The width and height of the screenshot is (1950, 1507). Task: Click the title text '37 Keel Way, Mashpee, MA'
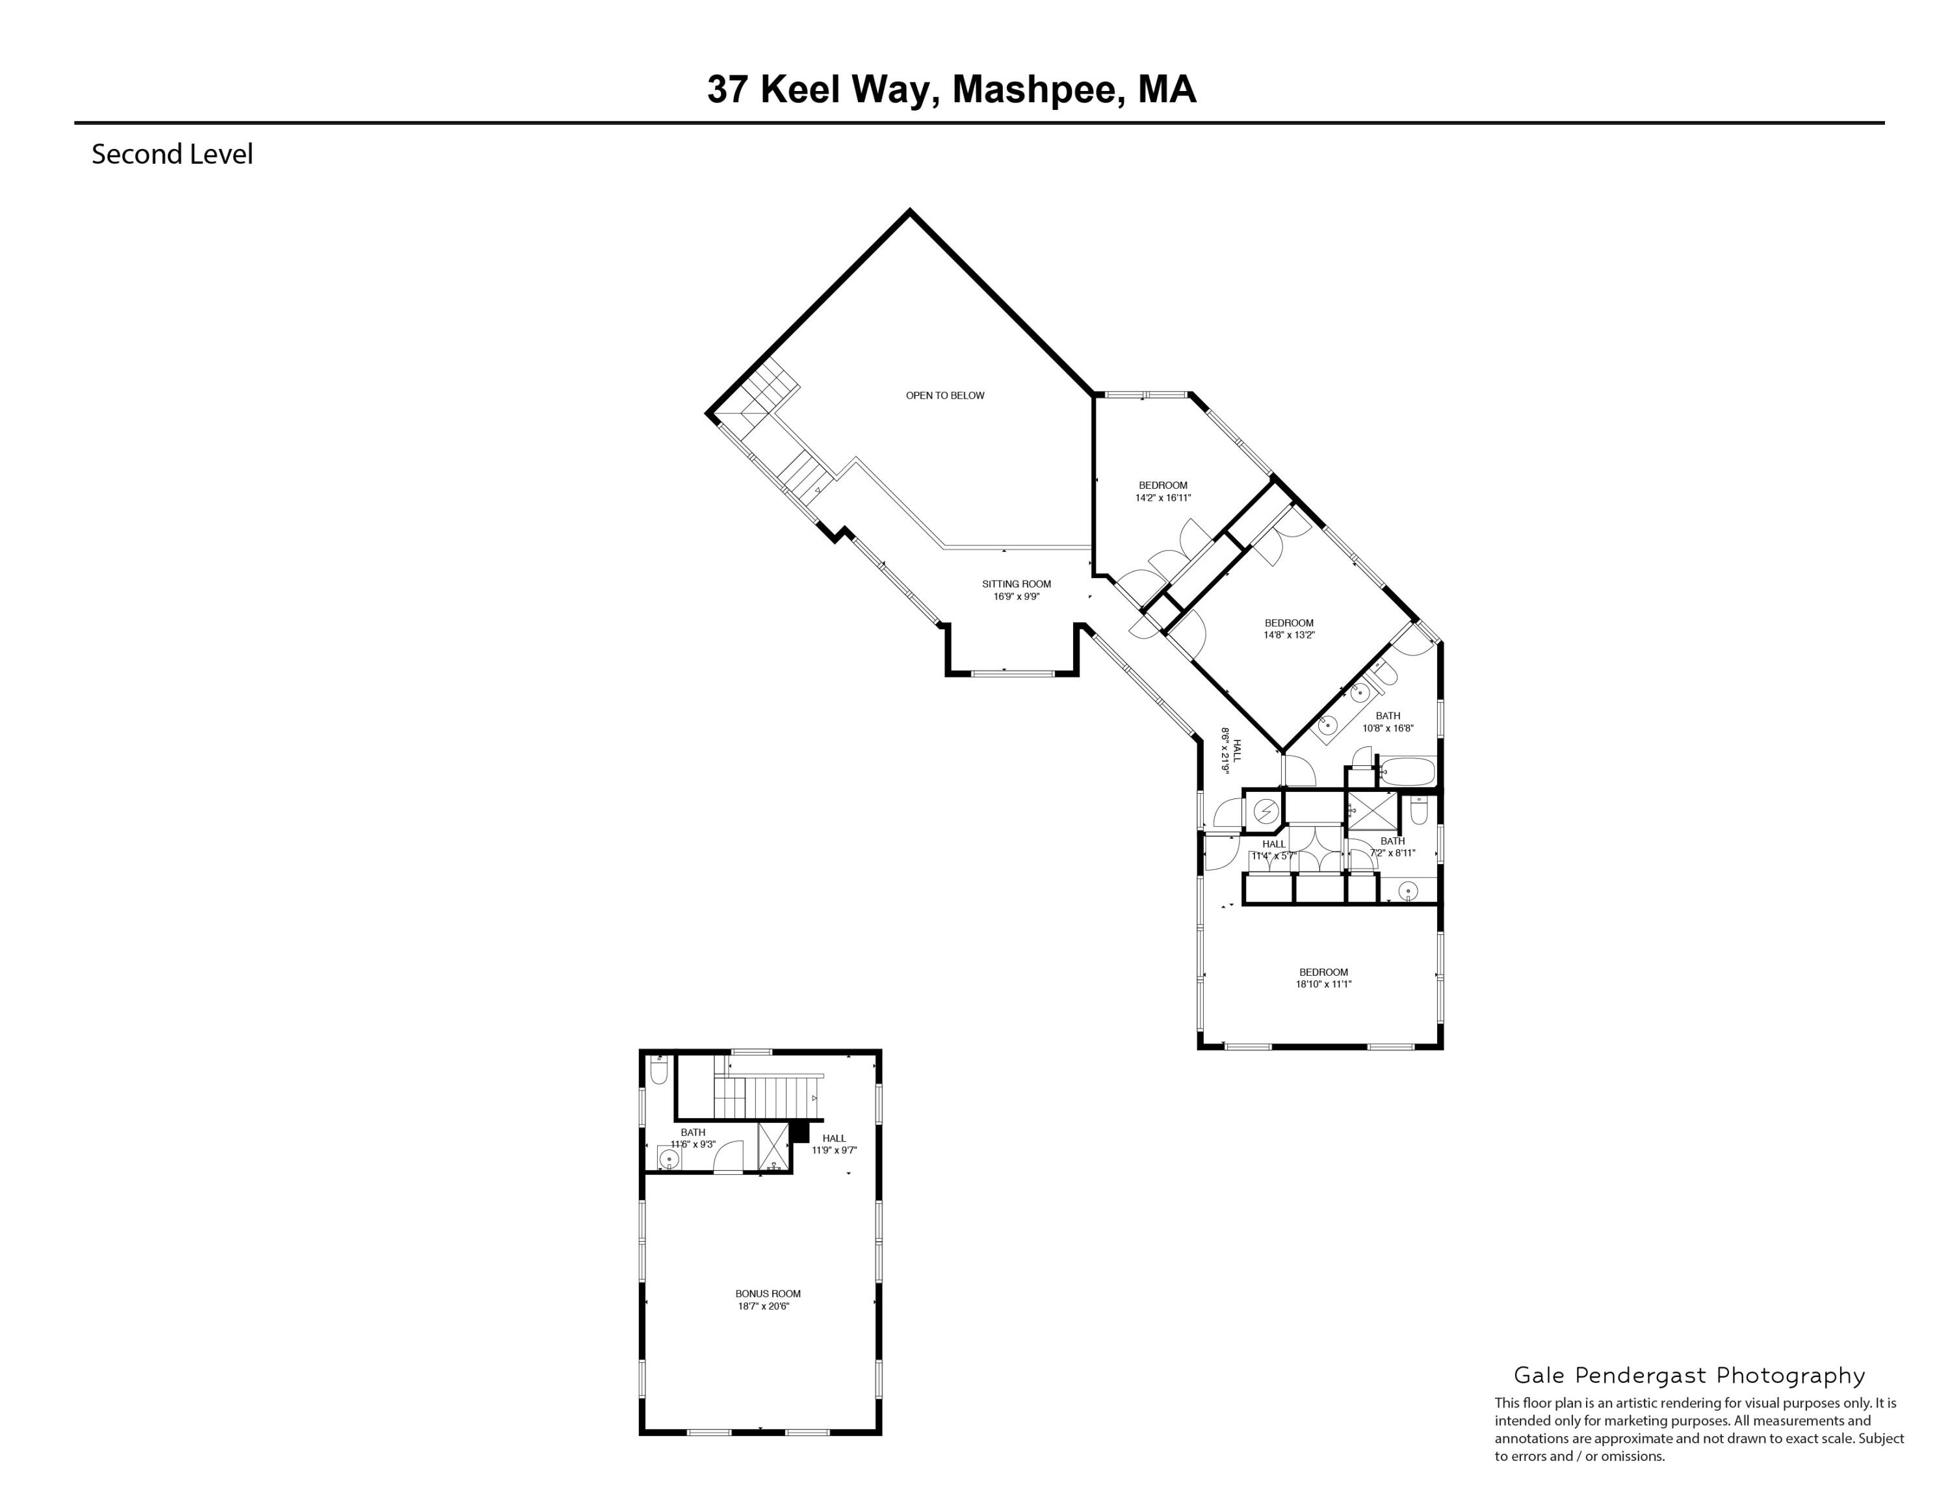[x=951, y=90]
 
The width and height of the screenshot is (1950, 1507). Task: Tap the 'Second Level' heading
[x=172, y=155]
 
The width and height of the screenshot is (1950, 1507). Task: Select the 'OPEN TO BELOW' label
[x=944, y=395]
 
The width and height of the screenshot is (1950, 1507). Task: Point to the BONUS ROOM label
[x=768, y=1294]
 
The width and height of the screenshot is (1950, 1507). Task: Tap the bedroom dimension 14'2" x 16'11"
[x=1162, y=498]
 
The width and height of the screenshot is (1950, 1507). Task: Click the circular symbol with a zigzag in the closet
[x=1265, y=811]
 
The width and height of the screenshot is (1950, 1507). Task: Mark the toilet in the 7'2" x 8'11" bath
[x=1419, y=811]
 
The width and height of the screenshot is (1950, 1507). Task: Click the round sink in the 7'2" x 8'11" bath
[x=1408, y=890]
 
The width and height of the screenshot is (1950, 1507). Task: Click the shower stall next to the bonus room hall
[x=773, y=1148]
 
